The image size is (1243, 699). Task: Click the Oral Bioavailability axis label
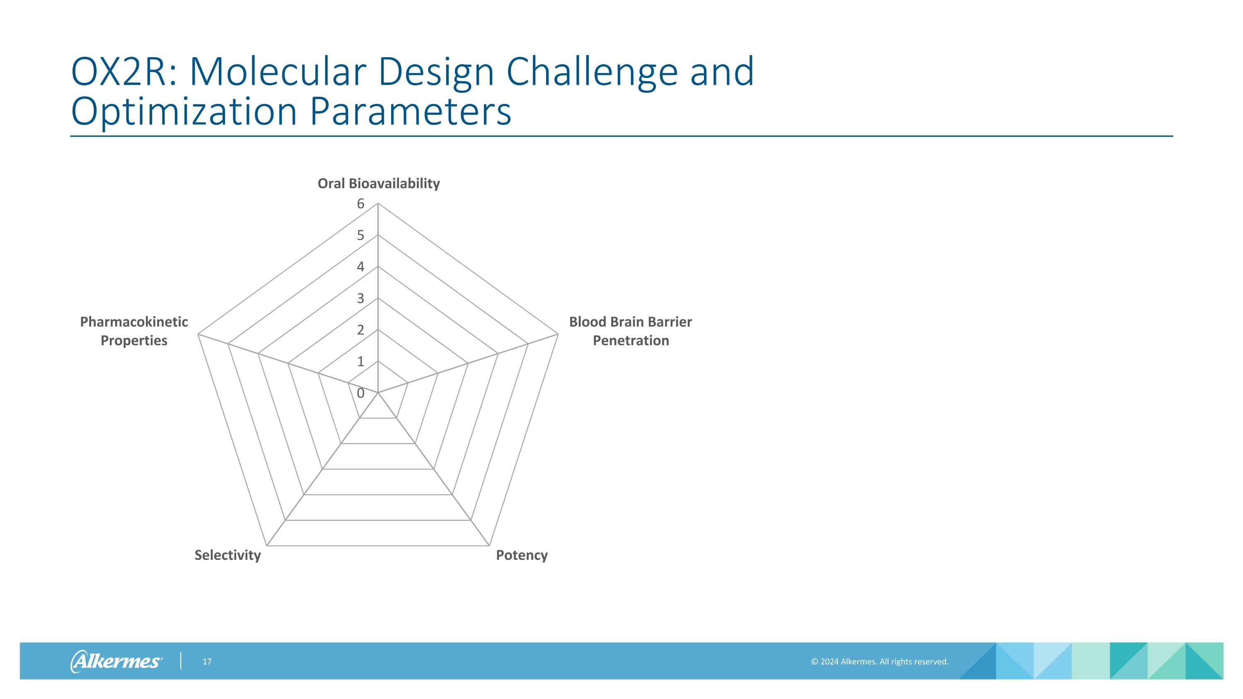[378, 183]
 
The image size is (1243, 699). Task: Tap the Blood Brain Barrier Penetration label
[630, 331]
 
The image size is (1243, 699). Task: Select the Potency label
[522, 555]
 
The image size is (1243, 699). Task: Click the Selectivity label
[227, 555]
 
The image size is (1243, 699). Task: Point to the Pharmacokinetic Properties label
[134, 331]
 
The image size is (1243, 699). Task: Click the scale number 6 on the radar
[360, 203]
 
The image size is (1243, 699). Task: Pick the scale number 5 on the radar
[360, 235]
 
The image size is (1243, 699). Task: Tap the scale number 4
[360, 267]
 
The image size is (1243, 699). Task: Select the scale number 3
[360, 298]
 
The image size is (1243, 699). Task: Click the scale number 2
[360, 330]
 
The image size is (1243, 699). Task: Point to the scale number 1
[360, 361]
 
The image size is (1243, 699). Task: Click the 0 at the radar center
[360, 393]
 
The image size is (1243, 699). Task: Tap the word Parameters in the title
[410, 111]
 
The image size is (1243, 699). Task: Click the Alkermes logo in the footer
[116, 661]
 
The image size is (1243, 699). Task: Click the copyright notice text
[879, 661]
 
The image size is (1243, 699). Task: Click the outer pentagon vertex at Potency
[489, 546]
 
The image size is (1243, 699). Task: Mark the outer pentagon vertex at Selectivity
[267, 546]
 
